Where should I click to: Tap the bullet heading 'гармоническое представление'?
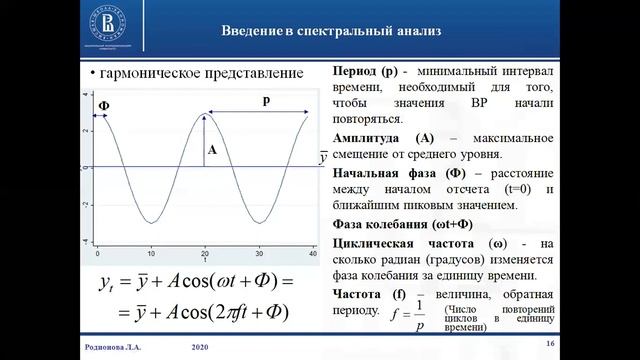[x=189, y=76]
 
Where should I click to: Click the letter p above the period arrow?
[x=265, y=101]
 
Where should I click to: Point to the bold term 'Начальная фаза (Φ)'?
[x=394, y=172]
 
